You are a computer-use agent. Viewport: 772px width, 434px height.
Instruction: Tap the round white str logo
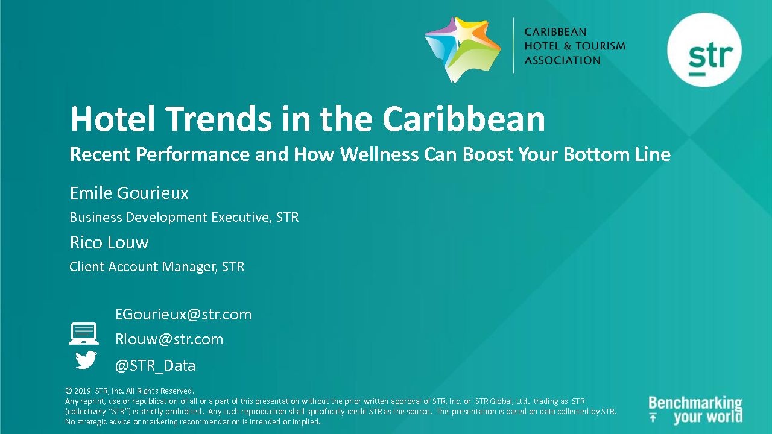coord(704,50)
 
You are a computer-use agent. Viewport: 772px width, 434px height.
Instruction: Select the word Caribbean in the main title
coord(464,119)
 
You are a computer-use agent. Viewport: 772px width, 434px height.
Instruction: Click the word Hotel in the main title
coord(113,119)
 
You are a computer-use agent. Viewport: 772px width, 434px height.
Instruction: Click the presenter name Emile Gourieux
coord(129,193)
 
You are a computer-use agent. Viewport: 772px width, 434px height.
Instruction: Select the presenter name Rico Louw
coord(109,242)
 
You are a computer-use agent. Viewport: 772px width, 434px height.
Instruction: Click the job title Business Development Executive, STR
coord(184,218)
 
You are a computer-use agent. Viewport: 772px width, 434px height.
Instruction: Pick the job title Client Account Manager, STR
coord(157,266)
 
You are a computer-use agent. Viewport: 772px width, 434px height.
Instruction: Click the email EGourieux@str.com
coord(183,315)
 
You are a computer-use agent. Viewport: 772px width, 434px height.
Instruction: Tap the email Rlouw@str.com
coord(169,339)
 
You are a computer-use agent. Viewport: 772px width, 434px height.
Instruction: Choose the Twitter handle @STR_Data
coord(155,365)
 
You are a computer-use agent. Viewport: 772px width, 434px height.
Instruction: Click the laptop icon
coord(84,333)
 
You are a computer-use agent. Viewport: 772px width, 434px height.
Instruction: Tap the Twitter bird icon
coord(86,360)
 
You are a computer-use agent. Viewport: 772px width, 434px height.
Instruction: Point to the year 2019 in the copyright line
coord(83,391)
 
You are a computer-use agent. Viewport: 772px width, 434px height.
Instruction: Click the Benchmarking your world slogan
coord(695,410)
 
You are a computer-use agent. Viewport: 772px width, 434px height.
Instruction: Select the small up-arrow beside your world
coord(653,418)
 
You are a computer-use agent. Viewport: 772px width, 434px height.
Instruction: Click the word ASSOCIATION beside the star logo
coord(563,60)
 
